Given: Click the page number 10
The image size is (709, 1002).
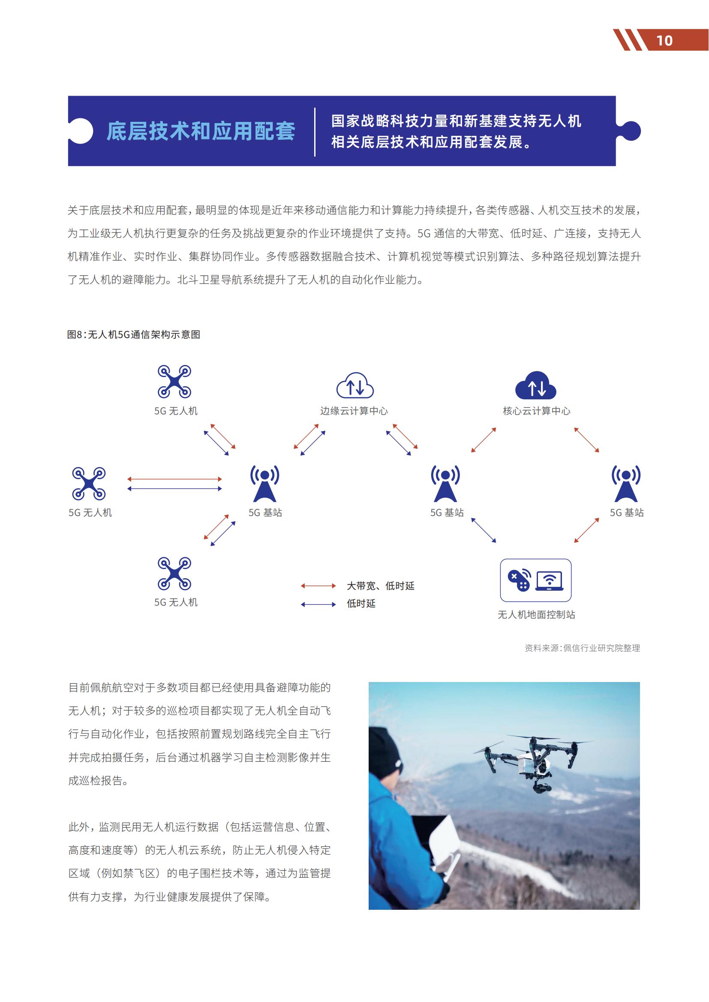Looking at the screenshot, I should tap(664, 41).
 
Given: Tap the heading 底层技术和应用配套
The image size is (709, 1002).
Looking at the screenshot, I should tap(201, 131).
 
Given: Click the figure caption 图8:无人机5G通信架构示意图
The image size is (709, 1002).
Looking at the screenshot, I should tap(134, 335).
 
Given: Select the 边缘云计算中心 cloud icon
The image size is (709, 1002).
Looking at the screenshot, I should tap(354, 386).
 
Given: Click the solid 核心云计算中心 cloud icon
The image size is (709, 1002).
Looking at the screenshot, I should tap(536, 386).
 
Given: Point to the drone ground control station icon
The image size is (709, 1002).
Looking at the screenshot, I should tap(536, 580).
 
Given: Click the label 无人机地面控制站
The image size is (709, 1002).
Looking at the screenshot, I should tap(536, 615).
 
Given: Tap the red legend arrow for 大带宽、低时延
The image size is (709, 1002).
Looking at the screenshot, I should tap(318, 586).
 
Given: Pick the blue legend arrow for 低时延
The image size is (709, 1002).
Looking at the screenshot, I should tap(318, 604).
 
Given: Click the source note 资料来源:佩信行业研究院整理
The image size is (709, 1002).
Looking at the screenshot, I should tap(582, 648).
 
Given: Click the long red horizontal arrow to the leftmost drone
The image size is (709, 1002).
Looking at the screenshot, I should tap(174, 479).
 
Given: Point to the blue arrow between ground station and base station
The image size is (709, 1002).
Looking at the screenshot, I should tap(484, 530).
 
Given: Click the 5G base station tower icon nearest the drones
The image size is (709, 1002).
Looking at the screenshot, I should tap(264, 484).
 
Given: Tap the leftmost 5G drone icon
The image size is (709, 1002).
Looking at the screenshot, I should tap(89, 483).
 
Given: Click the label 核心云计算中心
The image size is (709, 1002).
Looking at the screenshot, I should tap(537, 411).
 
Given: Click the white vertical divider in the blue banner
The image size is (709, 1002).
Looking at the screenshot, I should tap(315, 132).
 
